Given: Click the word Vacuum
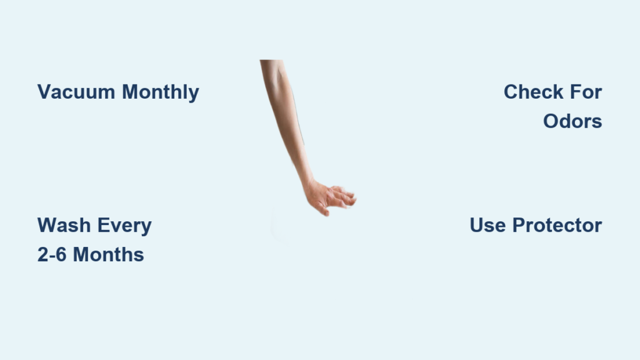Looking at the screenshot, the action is (76, 92).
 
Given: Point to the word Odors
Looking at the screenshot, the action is (572, 121).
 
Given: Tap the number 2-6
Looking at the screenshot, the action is (52, 255).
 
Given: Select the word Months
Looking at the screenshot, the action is (108, 255).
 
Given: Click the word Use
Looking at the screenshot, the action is (487, 225).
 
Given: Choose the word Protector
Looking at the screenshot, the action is (557, 225).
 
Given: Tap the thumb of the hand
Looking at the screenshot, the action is (322, 209).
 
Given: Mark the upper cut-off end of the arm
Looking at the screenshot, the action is (271, 61).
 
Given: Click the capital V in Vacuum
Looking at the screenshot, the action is (44, 92).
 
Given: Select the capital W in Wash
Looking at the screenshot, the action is (47, 225).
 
